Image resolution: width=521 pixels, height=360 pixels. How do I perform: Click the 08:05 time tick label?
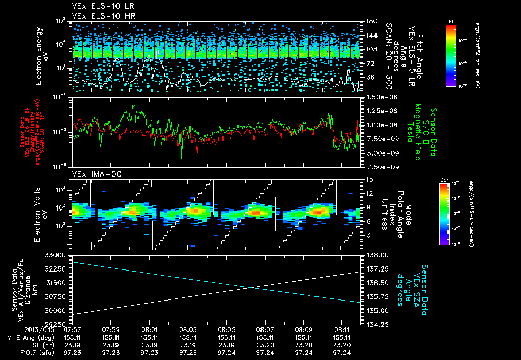point(226,329)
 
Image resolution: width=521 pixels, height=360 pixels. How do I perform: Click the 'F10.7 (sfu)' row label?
point(24,352)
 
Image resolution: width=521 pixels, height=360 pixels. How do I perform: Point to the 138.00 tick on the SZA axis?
point(377,255)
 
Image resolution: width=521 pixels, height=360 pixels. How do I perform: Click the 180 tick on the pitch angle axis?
point(371,21)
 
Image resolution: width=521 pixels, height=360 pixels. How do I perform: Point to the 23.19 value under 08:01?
point(150,345)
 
